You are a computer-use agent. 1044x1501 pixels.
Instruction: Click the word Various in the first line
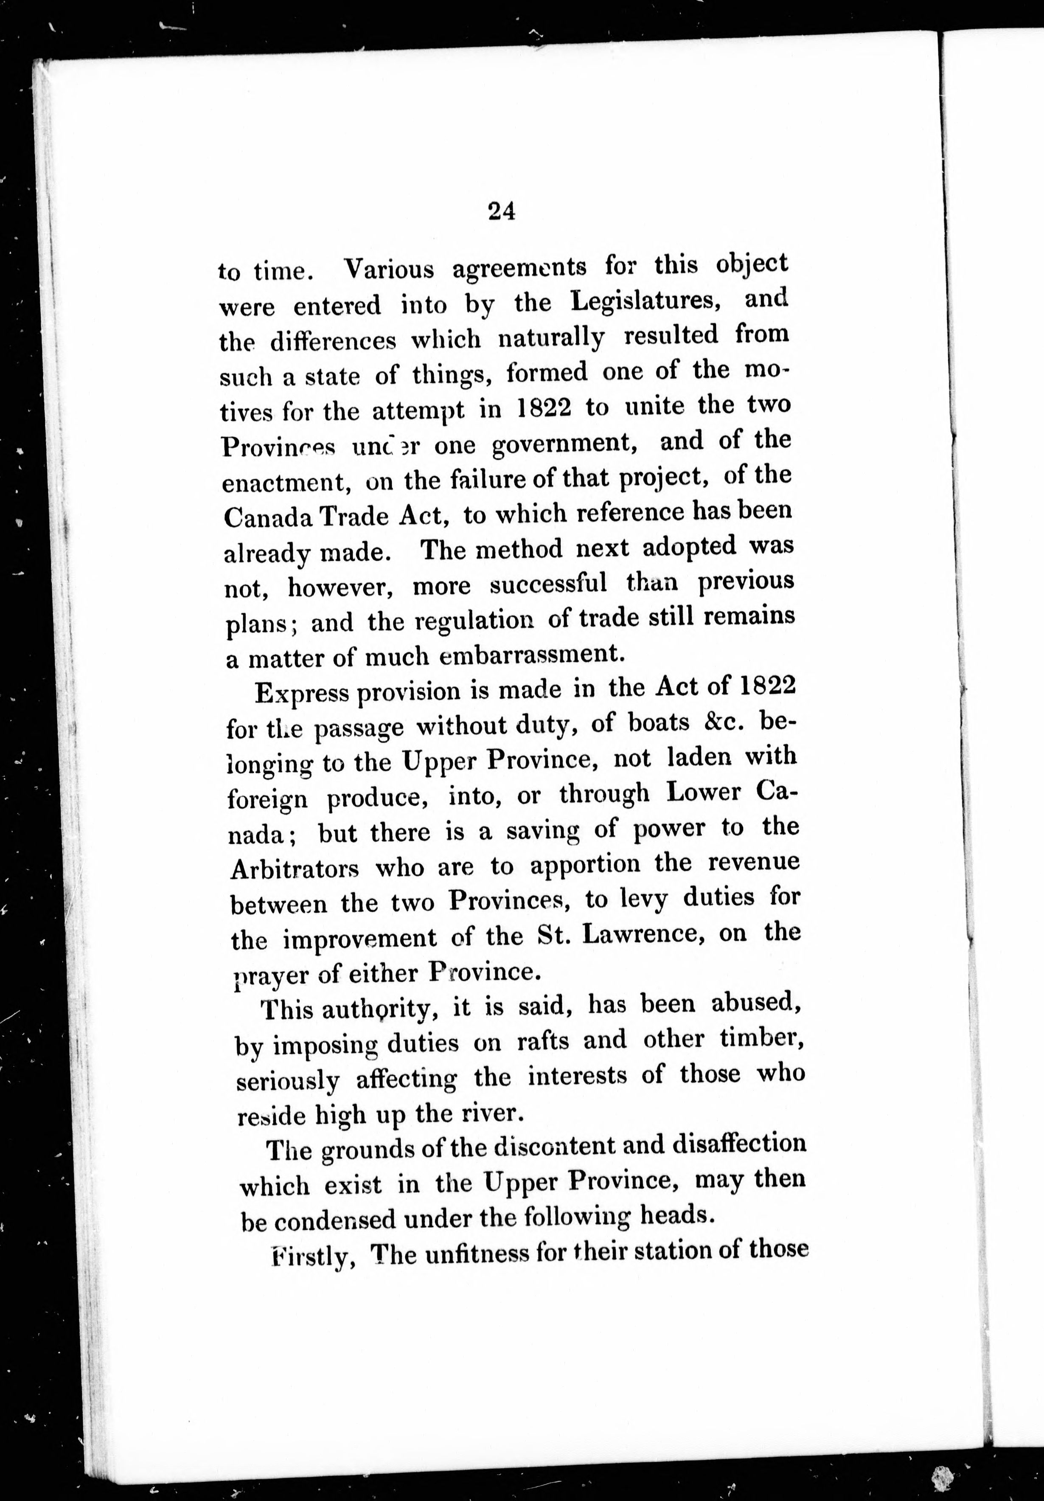click(389, 269)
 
